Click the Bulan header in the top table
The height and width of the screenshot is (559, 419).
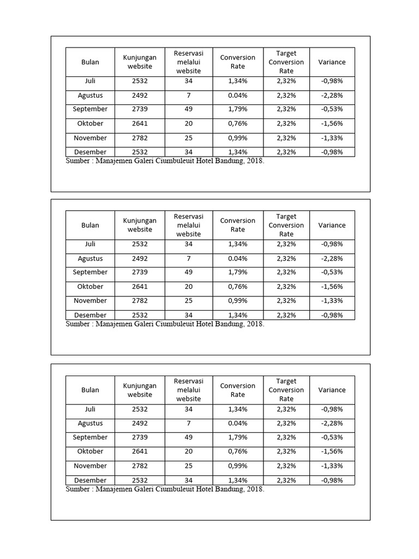[90, 62]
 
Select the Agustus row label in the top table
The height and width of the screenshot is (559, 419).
[90, 96]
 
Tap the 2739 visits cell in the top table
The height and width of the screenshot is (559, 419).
[140, 109]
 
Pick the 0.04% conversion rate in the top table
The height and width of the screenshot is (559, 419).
[237, 96]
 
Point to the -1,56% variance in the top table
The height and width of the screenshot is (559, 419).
[332, 123]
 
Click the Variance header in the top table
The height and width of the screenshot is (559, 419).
[332, 62]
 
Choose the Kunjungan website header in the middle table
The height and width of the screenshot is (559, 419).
[140, 225]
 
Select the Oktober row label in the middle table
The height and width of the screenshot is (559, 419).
[90, 287]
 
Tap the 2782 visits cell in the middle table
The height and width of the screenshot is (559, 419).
[140, 301]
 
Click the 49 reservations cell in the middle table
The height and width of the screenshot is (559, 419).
[188, 272]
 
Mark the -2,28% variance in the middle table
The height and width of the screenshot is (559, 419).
[332, 259]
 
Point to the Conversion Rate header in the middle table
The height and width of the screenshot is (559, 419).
[237, 225]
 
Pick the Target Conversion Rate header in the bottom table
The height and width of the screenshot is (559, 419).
[286, 390]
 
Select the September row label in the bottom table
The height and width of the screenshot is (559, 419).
[90, 437]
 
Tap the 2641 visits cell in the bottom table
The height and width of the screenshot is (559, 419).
[140, 451]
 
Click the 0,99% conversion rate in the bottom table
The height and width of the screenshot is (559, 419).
[237, 466]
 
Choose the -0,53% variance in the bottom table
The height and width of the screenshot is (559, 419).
[332, 437]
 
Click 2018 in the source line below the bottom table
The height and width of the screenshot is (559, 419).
[255, 489]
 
